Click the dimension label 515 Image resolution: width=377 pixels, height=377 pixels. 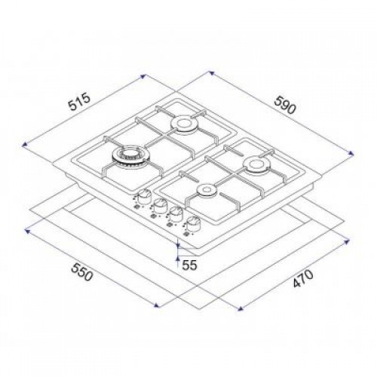pyautogui.click(x=80, y=102)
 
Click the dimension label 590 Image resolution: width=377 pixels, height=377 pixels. pyautogui.click(x=285, y=105)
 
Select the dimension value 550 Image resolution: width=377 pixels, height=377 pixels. pyautogui.click(x=82, y=272)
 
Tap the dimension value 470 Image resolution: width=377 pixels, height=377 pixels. pyautogui.click(x=304, y=278)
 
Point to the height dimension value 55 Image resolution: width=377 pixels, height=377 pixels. pyautogui.click(x=189, y=265)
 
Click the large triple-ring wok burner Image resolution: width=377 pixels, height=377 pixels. pyautogui.click(x=129, y=156)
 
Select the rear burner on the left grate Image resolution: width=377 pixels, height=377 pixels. pyautogui.click(x=184, y=124)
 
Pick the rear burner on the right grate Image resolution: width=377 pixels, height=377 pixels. pyautogui.click(x=256, y=164)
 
